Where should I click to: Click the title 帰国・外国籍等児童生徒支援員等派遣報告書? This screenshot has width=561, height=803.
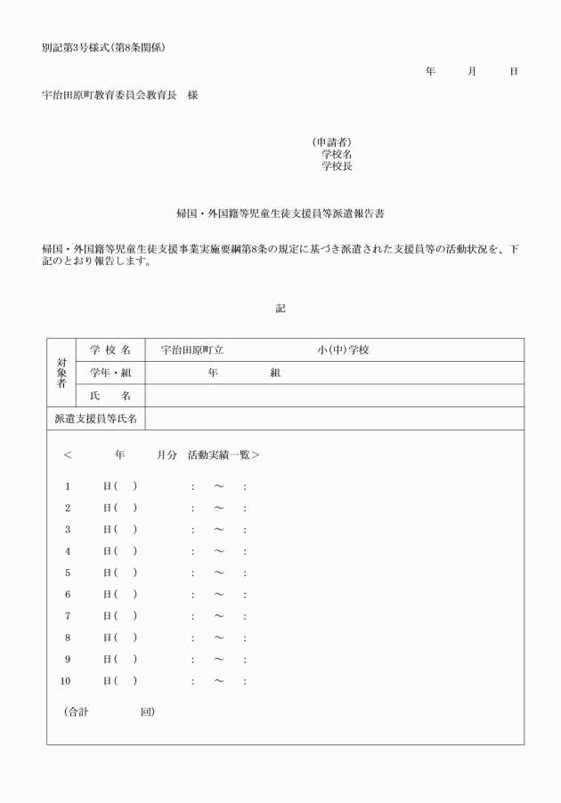click(x=280, y=214)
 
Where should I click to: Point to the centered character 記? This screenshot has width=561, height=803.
click(x=280, y=309)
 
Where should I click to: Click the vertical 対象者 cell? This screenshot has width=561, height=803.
click(x=61, y=373)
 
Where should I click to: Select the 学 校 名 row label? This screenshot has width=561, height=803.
click(x=110, y=350)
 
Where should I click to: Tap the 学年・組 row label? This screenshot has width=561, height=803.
click(x=110, y=373)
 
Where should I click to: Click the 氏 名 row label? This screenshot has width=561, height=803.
click(x=110, y=396)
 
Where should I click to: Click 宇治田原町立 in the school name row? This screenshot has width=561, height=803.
click(x=191, y=350)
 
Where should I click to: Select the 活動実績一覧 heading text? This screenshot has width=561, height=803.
click(x=223, y=455)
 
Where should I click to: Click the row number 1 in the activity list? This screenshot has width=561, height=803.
click(x=67, y=486)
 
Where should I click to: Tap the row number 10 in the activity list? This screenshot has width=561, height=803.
click(x=65, y=681)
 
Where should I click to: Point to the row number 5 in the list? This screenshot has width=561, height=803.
click(x=67, y=573)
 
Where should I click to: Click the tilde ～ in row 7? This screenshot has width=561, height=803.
click(x=218, y=616)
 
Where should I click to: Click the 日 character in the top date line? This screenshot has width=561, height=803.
click(x=514, y=71)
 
